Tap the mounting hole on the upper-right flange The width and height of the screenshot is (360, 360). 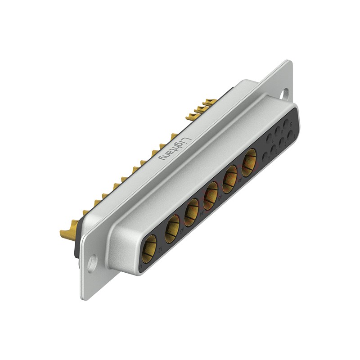[x=284, y=93]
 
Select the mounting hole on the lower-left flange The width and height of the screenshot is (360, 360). [x=92, y=262]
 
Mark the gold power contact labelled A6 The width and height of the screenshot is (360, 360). [x=249, y=162]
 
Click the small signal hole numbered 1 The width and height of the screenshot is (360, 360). [x=290, y=135]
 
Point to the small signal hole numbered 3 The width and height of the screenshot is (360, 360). [x=273, y=149]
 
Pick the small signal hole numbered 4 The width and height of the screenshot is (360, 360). [x=265, y=157]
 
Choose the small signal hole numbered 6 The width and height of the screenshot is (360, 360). [x=278, y=131]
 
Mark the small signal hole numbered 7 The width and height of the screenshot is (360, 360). [x=269, y=138]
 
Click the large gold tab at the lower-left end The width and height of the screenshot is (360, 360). [x=67, y=233]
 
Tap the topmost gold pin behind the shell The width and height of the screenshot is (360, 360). [x=210, y=103]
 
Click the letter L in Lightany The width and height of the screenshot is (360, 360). [x=188, y=139]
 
